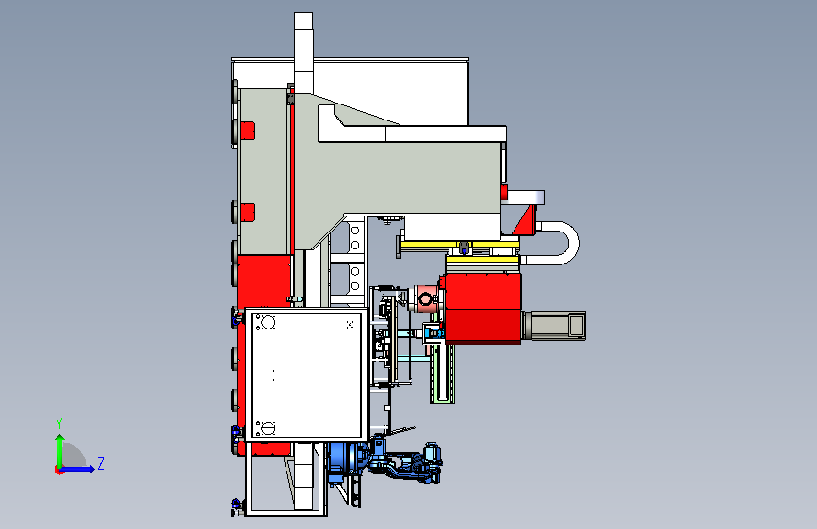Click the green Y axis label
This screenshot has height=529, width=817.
coord(59,424)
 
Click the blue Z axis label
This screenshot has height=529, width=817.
coord(101,463)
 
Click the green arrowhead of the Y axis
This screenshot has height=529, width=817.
coord(60,439)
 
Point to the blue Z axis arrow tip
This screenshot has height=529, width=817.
coord(95,469)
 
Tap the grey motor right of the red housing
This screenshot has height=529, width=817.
coord(553,326)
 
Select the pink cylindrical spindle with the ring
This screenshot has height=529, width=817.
coord(426,299)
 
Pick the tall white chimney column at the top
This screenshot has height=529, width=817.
coord(303,52)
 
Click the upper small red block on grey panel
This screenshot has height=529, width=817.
coord(247,130)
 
